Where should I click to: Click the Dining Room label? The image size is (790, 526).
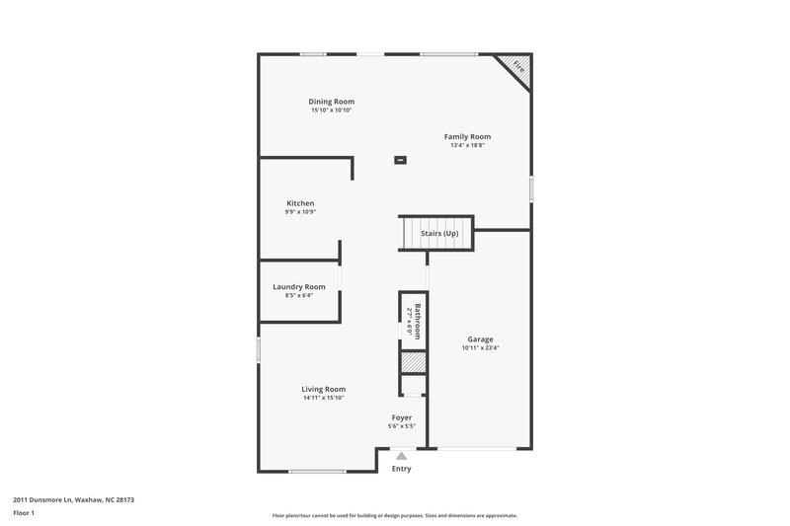point(331,102)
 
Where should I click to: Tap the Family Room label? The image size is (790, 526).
point(467,137)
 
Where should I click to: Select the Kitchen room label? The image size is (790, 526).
point(300,203)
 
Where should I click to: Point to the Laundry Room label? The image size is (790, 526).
point(298,286)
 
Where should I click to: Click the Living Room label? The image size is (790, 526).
point(323,389)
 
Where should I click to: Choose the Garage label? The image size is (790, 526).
point(480,339)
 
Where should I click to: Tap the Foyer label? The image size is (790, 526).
point(402,417)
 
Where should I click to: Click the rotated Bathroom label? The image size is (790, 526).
point(418,321)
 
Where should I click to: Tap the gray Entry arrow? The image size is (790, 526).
point(401,456)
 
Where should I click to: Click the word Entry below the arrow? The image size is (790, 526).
point(401,469)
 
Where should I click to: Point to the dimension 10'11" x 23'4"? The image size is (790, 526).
point(480,347)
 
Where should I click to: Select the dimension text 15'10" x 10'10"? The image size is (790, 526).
point(331,110)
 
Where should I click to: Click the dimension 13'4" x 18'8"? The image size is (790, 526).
point(467,145)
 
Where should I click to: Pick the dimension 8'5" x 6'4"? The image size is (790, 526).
point(298,294)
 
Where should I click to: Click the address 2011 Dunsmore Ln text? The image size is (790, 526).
point(73,500)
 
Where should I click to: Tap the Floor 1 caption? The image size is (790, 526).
point(24,513)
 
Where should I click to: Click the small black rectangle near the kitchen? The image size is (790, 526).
point(400,159)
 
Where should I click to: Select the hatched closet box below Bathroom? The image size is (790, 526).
point(413,361)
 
